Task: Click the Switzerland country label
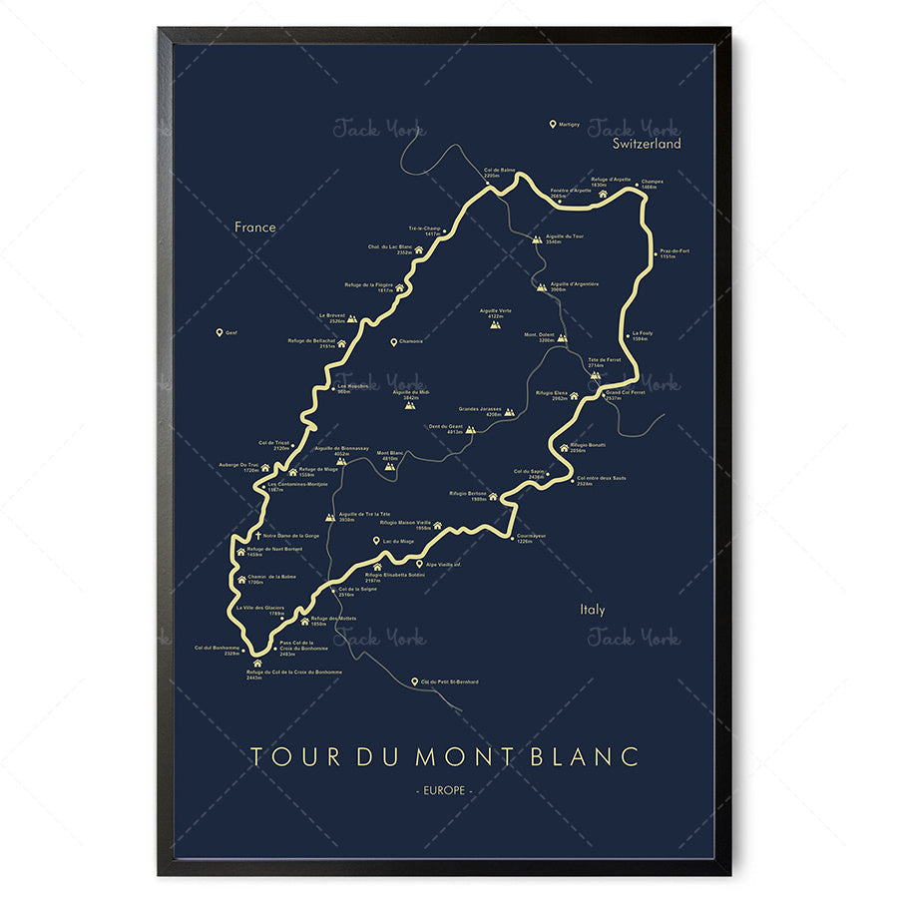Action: coord(647,144)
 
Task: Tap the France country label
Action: coord(254,227)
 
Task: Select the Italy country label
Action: coord(593,610)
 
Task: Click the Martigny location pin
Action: coord(553,125)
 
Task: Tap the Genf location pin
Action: coord(219,333)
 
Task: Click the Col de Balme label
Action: coord(499,172)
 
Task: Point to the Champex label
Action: coord(652,184)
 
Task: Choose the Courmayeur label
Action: coord(531,538)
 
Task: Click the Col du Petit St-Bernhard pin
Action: coord(414,682)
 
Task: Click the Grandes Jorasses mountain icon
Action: coord(509,411)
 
